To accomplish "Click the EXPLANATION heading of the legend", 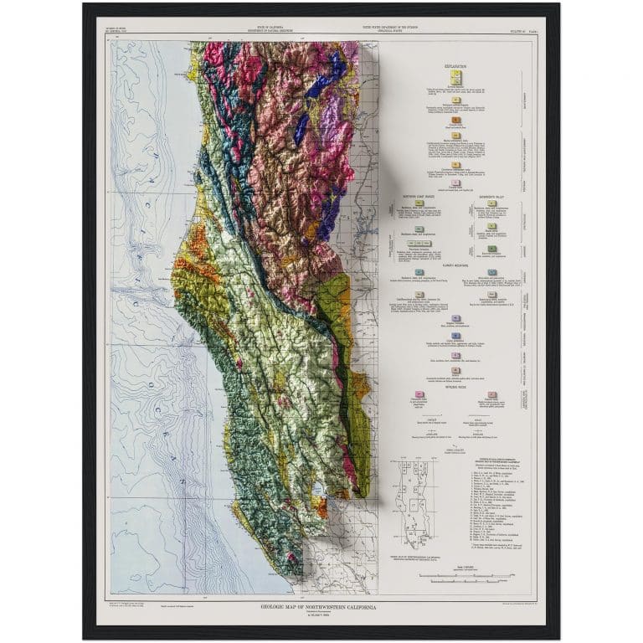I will pyautogui.click(x=455, y=64).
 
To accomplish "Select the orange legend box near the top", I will pyautogui.click(x=455, y=121).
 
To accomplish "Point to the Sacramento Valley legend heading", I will pyautogui.click(x=491, y=198).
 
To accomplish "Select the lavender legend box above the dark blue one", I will pyautogui.click(x=455, y=318).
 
